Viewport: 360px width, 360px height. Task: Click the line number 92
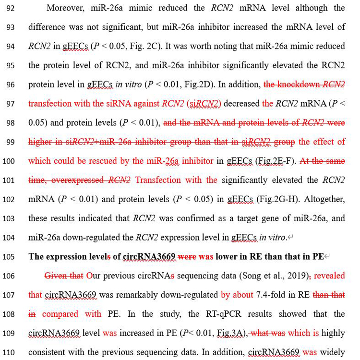[x=11, y=8]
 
